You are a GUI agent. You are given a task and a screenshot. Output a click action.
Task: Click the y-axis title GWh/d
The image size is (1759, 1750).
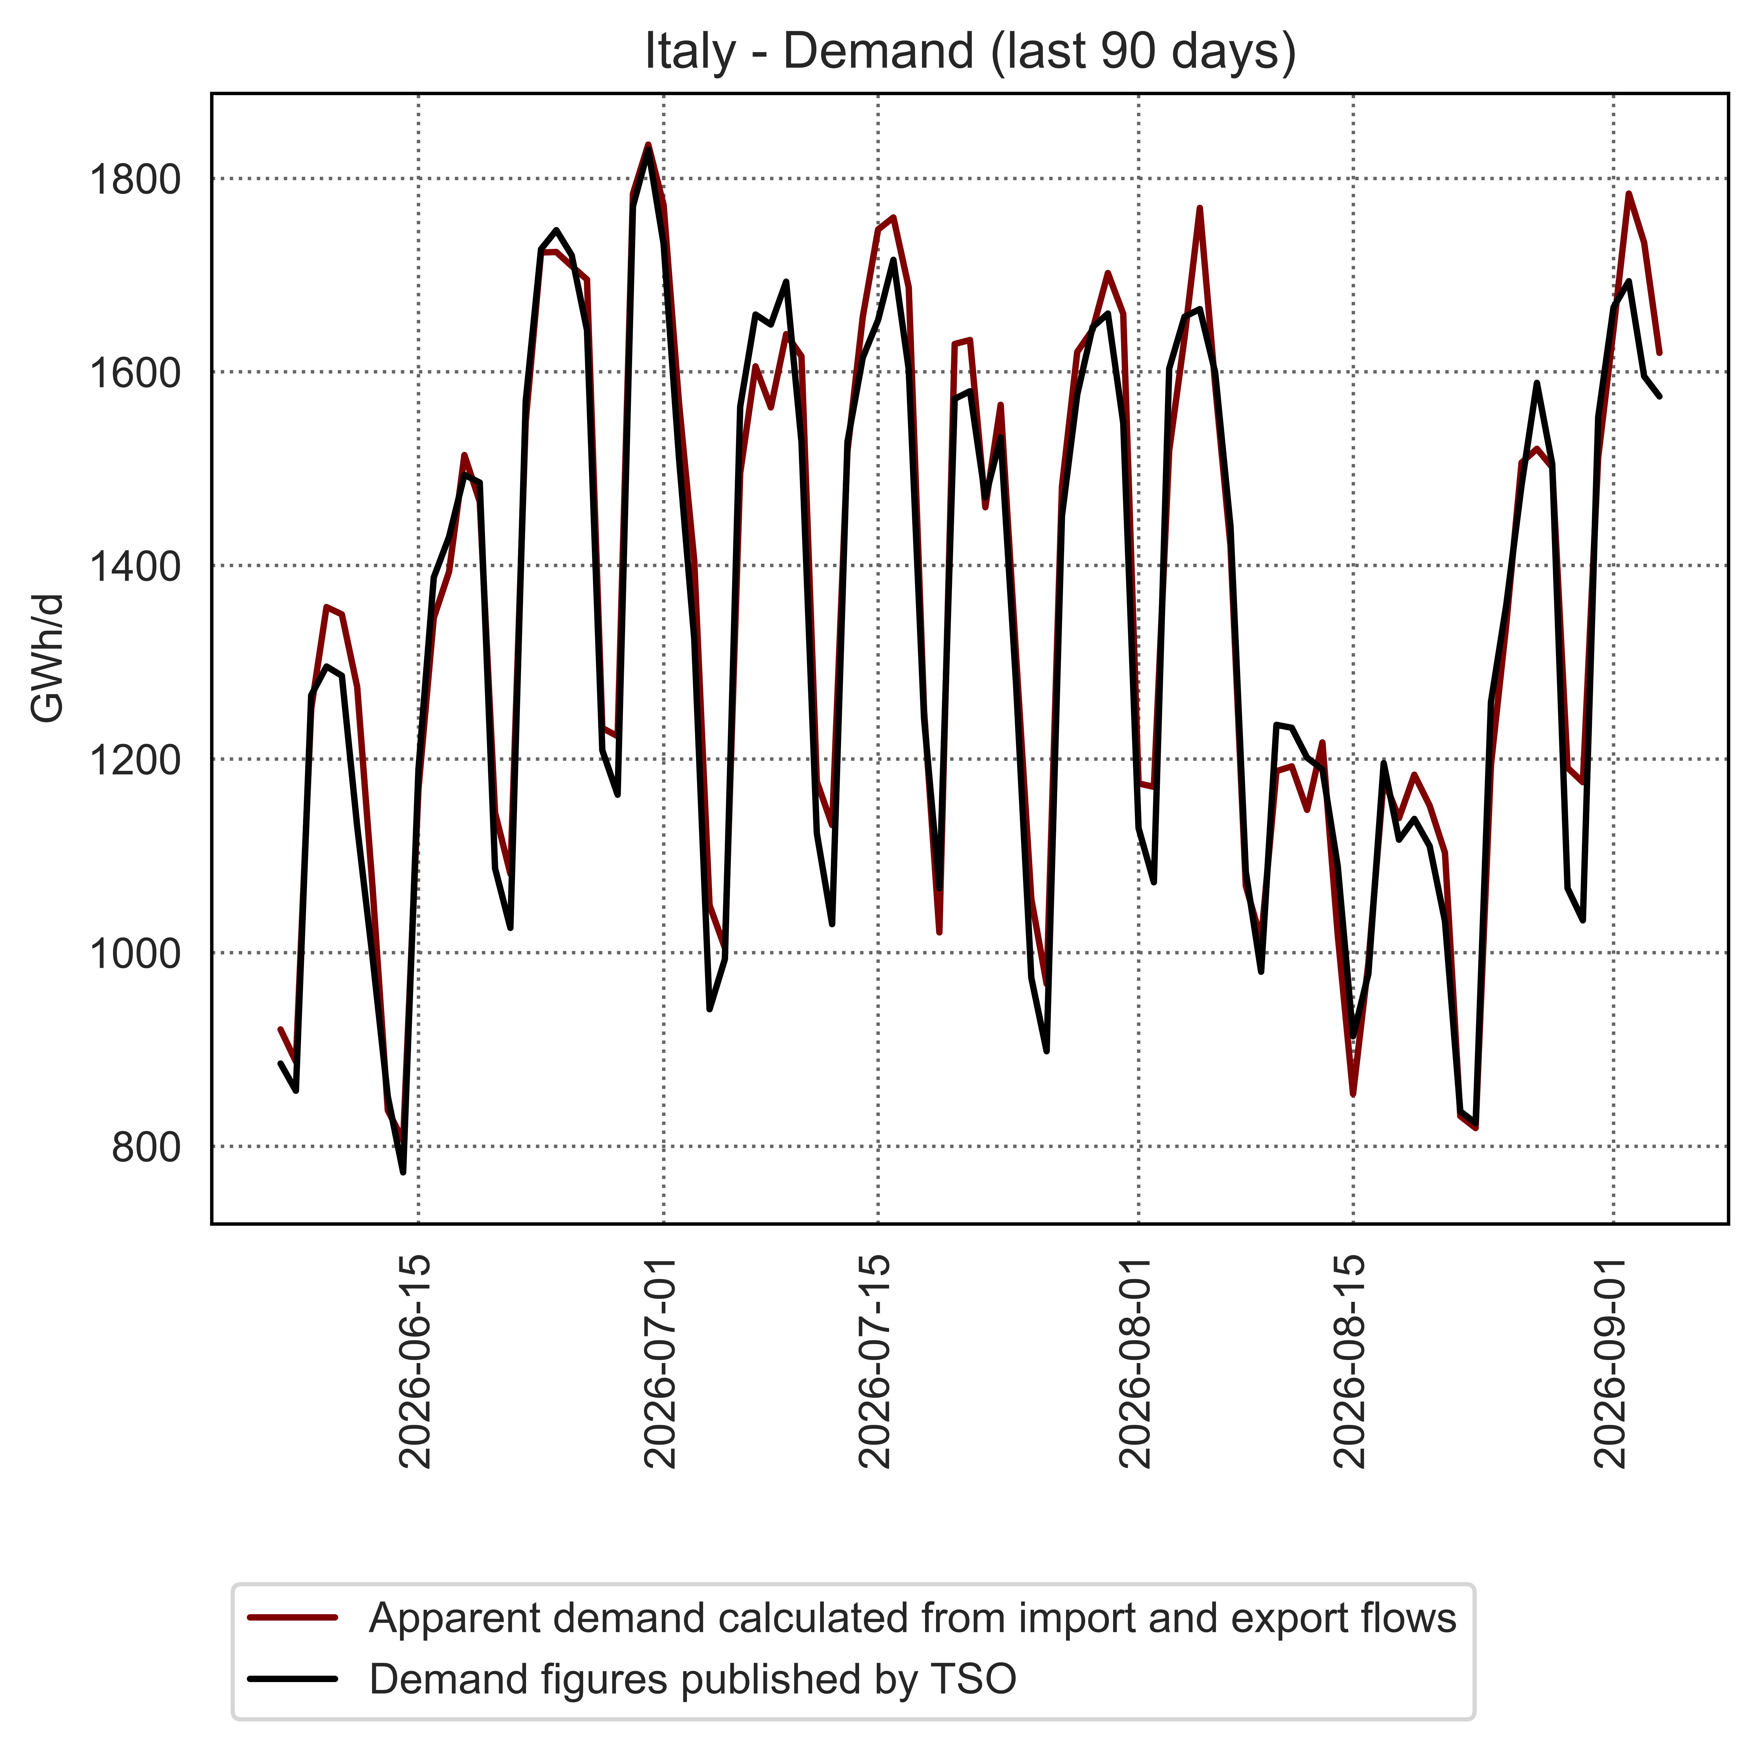pos(47,658)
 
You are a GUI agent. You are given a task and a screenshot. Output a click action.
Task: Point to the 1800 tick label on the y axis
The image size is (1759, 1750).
pos(134,179)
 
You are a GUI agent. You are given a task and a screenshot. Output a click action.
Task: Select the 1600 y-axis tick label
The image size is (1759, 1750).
pos(134,372)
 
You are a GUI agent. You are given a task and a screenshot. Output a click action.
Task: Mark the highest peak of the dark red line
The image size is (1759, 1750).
pos(647,144)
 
